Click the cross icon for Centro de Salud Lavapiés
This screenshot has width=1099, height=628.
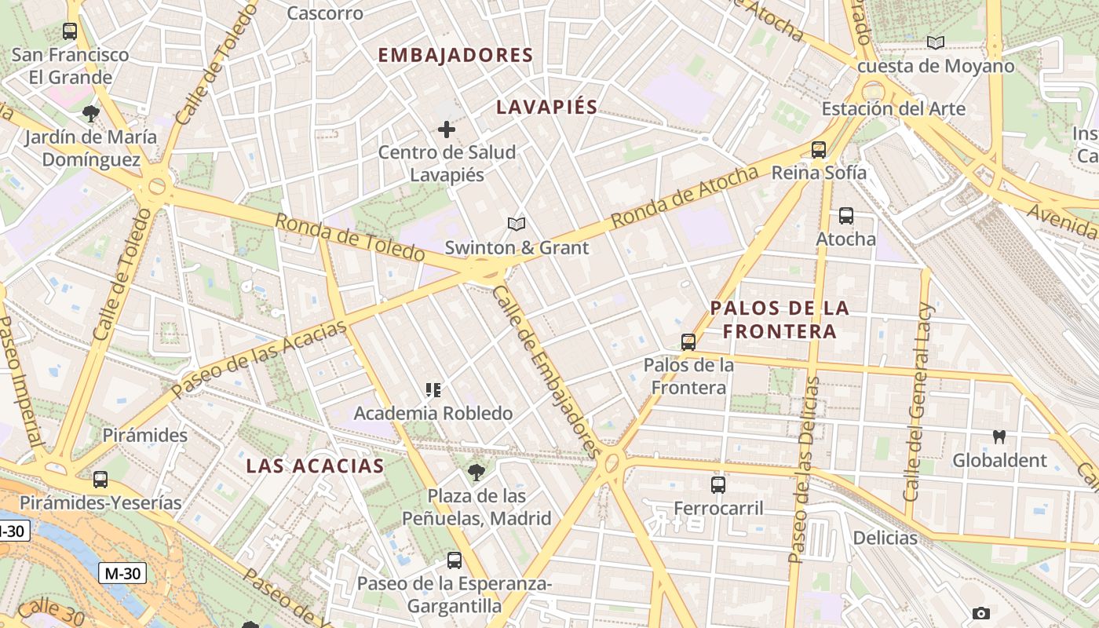447,129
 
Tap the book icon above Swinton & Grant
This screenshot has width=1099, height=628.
516,225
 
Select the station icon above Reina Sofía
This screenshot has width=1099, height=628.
819,149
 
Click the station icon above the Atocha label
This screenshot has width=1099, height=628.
845,215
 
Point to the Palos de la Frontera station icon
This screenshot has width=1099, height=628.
688,341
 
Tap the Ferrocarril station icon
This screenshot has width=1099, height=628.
718,484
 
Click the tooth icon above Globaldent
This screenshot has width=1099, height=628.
999,436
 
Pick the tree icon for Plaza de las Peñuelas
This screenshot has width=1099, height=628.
476,472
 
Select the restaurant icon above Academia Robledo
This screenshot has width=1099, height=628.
433,389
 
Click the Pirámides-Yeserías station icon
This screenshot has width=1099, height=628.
100,479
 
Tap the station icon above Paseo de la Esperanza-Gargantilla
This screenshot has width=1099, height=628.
454,560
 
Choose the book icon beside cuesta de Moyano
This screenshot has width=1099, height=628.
935,42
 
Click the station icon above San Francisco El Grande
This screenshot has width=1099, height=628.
70,31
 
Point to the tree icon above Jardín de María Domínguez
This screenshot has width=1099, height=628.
91,113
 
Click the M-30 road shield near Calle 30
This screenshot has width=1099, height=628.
122,573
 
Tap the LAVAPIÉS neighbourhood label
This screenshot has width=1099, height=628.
546,107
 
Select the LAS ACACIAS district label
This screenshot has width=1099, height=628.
315,466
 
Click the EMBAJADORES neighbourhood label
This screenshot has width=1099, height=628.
455,55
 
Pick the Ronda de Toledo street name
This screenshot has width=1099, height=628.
350,237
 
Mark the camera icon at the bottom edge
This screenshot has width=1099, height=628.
980,613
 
